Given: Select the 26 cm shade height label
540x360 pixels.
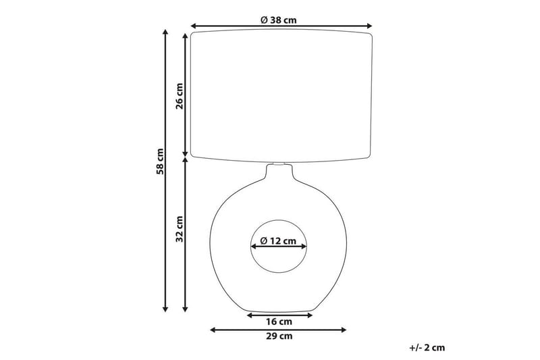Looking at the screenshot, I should [180, 95].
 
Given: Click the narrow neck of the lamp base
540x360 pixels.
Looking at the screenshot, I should [279, 171].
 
